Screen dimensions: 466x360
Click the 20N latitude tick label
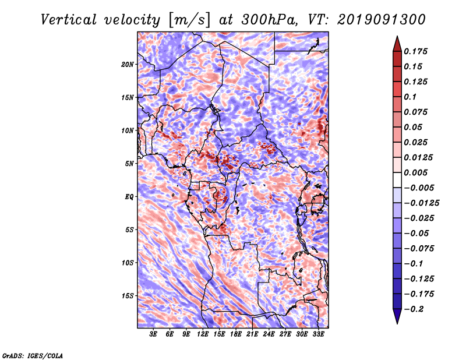[x=128, y=64]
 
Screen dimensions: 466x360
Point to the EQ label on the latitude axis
[x=129, y=197]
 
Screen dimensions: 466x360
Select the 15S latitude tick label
[x=128, y=296]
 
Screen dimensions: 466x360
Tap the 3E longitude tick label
[x=153, y=334]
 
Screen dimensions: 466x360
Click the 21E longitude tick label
[x=252, y=334]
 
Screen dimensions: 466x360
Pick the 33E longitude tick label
[x=318, y=334]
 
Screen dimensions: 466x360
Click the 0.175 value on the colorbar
[x=415, y=51]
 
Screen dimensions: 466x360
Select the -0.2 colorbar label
[x=414, y=309]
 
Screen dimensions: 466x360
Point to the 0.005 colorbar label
[x=415, y=172]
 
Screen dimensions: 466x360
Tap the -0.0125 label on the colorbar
[x=421, y=203]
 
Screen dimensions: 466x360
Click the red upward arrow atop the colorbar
[x=397, y=44]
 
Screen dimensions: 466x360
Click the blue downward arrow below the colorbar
[x=397, y=316]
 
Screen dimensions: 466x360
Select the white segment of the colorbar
[x=397, y=180]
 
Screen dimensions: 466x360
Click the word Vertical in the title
[x=69, y=20]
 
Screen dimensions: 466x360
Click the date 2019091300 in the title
[x=382, y=20]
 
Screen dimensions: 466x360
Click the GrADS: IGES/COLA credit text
[x=33, y=356]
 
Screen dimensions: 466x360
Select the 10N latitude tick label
[x=128, y=130]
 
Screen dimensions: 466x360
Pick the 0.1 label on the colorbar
[x=410, y=97]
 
